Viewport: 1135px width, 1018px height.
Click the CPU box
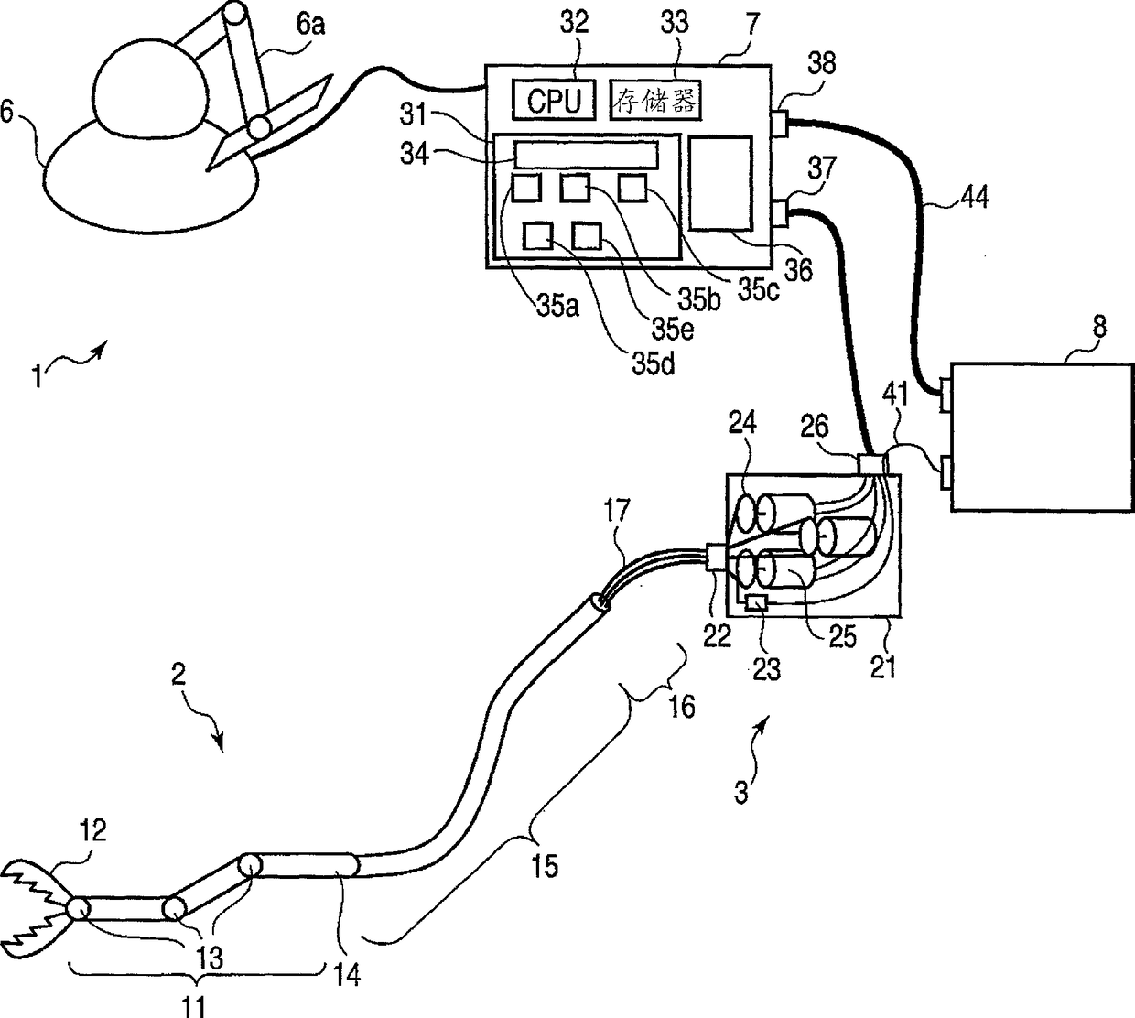tap(554, 101)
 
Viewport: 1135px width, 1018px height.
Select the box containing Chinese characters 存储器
tap(655, 101)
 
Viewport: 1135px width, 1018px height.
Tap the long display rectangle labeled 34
tap(586, 154)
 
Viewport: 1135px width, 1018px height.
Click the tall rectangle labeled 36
tap(719, 183)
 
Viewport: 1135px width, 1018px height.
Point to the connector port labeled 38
tap(779, 124)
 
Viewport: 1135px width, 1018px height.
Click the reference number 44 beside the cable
tap(975, 197)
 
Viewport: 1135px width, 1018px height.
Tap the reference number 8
tap(1099, 326)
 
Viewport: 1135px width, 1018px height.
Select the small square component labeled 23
tap(757, 604)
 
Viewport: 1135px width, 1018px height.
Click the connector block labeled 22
tap(716, 558)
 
